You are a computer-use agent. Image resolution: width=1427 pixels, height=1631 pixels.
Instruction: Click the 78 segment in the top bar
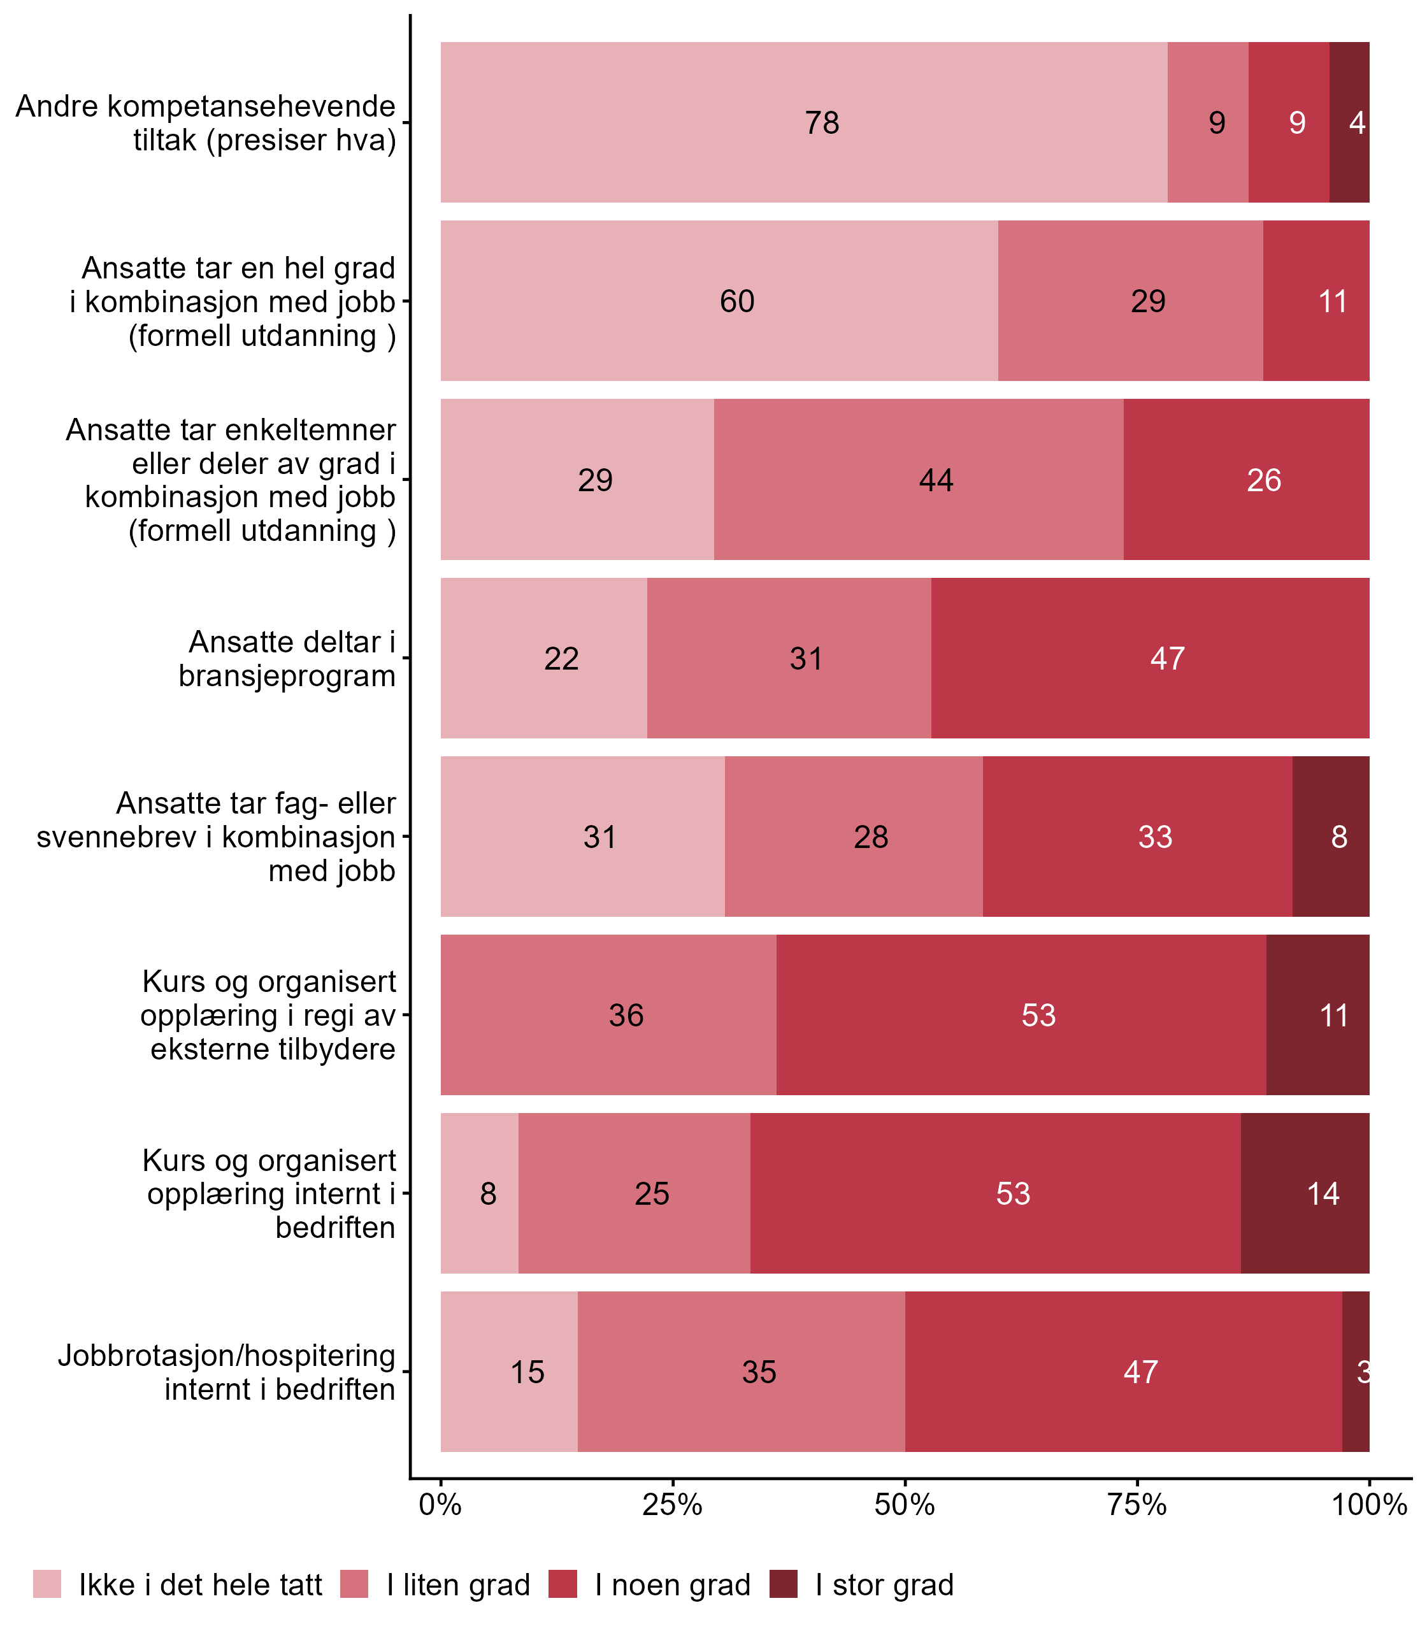pos(803,122)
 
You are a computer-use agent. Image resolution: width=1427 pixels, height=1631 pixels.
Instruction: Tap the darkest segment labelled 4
pos(1349,122)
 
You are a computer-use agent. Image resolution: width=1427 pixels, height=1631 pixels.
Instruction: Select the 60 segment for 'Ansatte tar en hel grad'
pos(719,301)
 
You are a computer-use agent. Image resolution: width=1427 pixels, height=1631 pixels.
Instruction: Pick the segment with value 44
pos(918,479)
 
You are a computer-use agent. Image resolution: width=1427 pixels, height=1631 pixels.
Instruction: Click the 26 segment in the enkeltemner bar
pos(1246,479)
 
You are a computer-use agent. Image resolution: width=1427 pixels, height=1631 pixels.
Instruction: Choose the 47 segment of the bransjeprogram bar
pos(1150,657)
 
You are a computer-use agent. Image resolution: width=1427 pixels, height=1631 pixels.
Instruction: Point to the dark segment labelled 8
pos(1331,836)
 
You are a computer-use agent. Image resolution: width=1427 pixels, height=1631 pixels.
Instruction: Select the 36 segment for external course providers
pos(608,1014)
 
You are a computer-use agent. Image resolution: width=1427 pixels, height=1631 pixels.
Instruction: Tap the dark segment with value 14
pos(1305,1193)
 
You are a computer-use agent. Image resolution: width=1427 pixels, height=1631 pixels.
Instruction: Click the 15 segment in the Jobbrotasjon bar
pos(509,1371)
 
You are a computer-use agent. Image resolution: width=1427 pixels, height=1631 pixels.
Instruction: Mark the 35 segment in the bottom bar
pos(742,1371)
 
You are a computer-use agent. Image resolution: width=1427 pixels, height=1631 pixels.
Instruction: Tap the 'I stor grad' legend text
pos(884,1585)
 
